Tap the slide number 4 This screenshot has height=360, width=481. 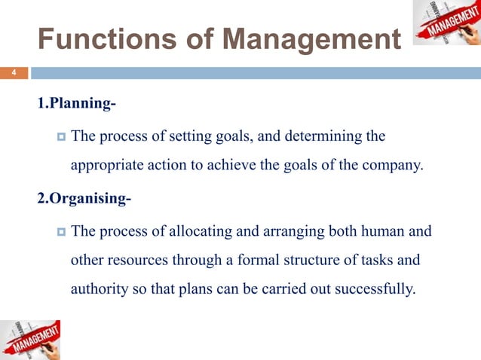point(12,73)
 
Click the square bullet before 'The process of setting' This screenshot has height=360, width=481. point(61,137)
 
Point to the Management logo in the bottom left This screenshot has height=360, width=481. point(30,339)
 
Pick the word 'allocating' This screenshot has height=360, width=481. point(198,231)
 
